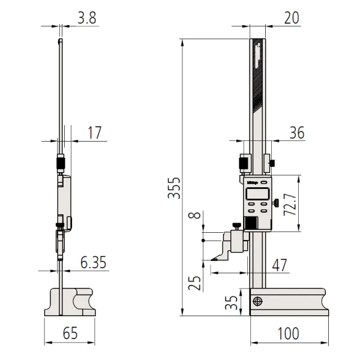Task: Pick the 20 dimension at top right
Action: (292, 19)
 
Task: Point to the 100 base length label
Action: (289, 332)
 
